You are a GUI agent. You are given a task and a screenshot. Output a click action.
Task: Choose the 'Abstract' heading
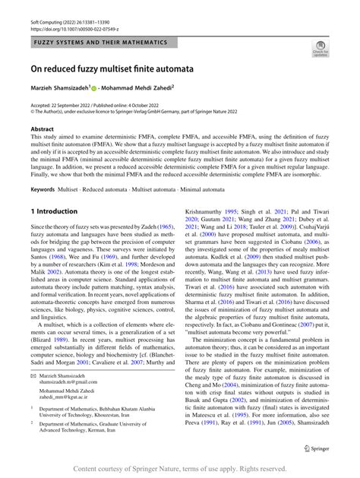point(42,129)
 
